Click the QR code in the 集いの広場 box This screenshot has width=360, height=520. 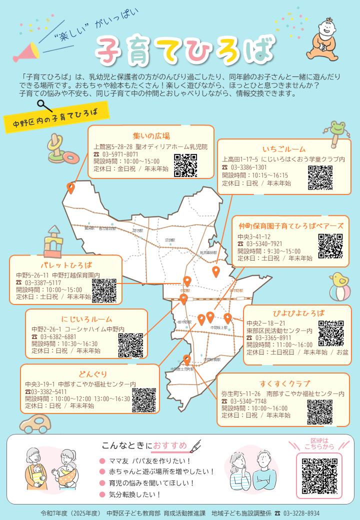coord(185,165)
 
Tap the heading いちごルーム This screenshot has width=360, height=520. coord(284,149)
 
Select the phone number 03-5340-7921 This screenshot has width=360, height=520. coord(266,244)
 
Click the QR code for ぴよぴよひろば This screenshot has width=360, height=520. coord(330,333)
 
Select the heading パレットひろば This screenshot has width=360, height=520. coord(66,265)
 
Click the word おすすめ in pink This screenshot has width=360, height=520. coord(170,445)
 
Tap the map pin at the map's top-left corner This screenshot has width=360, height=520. coord(71,188)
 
